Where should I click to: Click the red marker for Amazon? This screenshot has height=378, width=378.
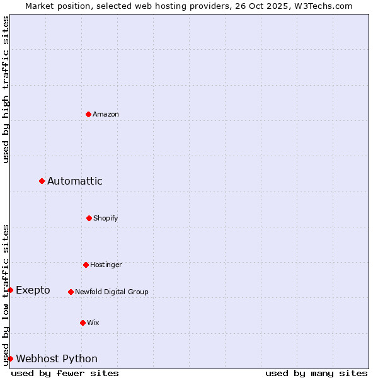tap(89, 114)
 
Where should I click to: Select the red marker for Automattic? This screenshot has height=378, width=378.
tap(42, 181)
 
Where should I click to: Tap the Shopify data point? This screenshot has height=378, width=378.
tap(89, 218)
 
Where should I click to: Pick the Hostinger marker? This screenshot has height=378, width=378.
tap(86, 265)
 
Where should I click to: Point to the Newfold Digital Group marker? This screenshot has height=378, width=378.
tap(71, 292)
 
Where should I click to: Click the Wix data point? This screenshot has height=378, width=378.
tap(83, 323)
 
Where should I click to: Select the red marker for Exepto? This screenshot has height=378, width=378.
tap(10, 290)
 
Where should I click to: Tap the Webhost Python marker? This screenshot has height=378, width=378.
tap(10, 358)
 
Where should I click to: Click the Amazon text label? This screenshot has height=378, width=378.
tap(106, 114)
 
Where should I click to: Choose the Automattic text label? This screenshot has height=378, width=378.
tap(75, 181)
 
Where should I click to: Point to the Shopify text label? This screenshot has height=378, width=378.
tap(106, 218)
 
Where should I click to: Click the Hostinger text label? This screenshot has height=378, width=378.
tap(106, 265)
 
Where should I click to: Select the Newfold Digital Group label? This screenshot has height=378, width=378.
tap(112, 292)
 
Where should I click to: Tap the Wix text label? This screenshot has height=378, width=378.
tap(93, 323)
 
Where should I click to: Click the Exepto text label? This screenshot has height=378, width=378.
tap(33, 290)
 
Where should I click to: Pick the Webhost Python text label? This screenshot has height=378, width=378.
tap(57, 358)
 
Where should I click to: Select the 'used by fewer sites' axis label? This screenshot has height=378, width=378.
tap(65, 373)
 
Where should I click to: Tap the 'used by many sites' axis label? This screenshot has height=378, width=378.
tap(316, 373)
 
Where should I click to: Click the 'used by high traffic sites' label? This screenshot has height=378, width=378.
tap(6, 89)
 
